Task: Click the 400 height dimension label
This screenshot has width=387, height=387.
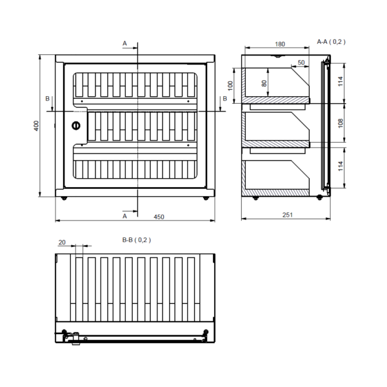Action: coord(36,126)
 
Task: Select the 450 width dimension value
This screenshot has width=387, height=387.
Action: coord(159,217)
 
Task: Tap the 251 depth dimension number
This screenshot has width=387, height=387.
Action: coord(288,215)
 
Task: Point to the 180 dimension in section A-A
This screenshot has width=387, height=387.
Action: coord(280,44)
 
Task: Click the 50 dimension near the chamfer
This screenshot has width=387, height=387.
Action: coord(301,63)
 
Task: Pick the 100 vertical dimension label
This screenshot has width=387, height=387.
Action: coord(230,86)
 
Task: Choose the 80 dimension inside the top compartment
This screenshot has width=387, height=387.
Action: coord(264,83)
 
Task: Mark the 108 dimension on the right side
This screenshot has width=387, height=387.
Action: coord(341,123)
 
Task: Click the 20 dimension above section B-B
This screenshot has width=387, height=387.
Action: coord(62,243)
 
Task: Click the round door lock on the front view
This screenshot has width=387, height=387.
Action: coord(75,126)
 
